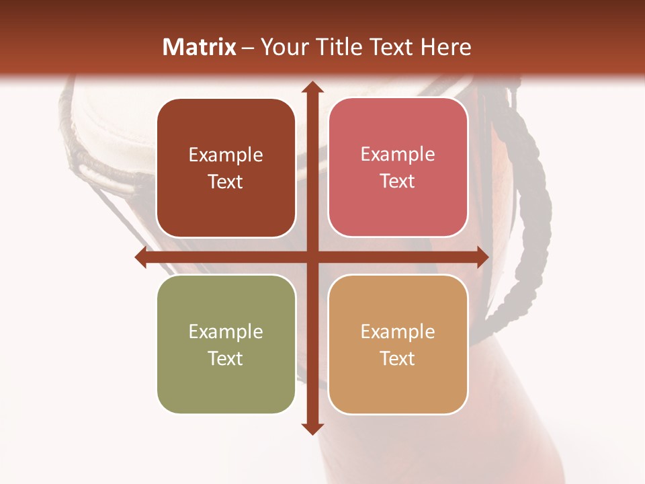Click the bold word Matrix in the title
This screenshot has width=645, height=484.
coord(200,47)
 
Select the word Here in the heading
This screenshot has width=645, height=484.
coord(445,47)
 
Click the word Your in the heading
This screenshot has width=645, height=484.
coord(282,47)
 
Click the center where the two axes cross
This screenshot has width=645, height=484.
coord(312,257)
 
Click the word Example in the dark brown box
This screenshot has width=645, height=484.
coord(225,155)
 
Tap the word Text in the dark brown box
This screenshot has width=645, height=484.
coord(225,182)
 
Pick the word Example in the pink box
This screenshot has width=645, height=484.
coord(397,155)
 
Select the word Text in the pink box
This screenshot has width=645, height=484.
coord(397,181)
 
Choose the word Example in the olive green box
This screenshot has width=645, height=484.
coord(225,332)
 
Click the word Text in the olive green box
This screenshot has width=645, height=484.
coord(225,358)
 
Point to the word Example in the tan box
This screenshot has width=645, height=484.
coord(397,331)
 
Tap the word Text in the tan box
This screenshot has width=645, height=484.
coord(397,358)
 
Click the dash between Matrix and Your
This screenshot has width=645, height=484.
coord(248,48)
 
